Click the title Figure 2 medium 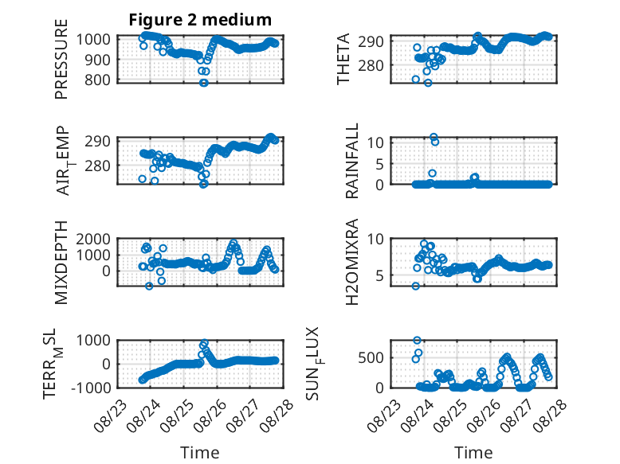click(x=200, y=19)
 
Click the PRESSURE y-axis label click(x=61, y=59)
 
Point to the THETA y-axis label click(x=343, y=59)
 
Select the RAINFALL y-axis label click(x=351, y=161)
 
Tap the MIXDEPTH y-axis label click(x=61, y=262)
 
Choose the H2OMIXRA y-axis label click(x=351, y=262)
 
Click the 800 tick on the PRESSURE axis click(x=98, y=80)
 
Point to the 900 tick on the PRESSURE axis click(x=98, y=60)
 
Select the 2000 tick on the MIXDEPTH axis click(x=94, y=239)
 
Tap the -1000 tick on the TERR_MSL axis click(x=92, y=388)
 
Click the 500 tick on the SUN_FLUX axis click(x=371, y=358)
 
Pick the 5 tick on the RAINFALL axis click(x=379, y=163)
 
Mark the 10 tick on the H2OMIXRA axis click(x=375, y=239)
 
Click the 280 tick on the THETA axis click(x=371, y=65)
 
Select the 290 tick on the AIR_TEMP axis click(x=97, y=142)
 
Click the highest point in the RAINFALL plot click(x=434, y=137)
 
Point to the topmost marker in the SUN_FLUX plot click(x=417, y=340)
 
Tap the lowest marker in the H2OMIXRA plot click(x=415, y=286)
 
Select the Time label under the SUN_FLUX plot click(x=473, y=452)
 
